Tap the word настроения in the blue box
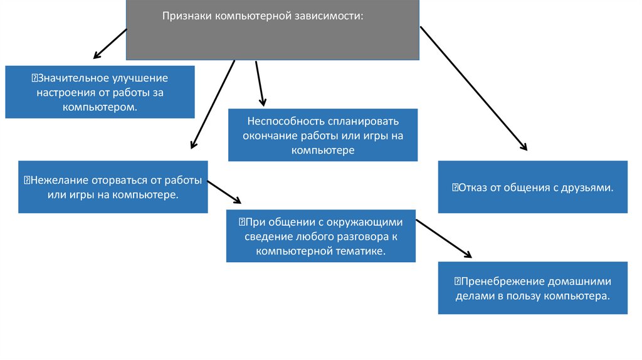(65, 93)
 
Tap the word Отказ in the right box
(472, 187)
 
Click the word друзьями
(589, 187)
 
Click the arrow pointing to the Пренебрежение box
(443, 238)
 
